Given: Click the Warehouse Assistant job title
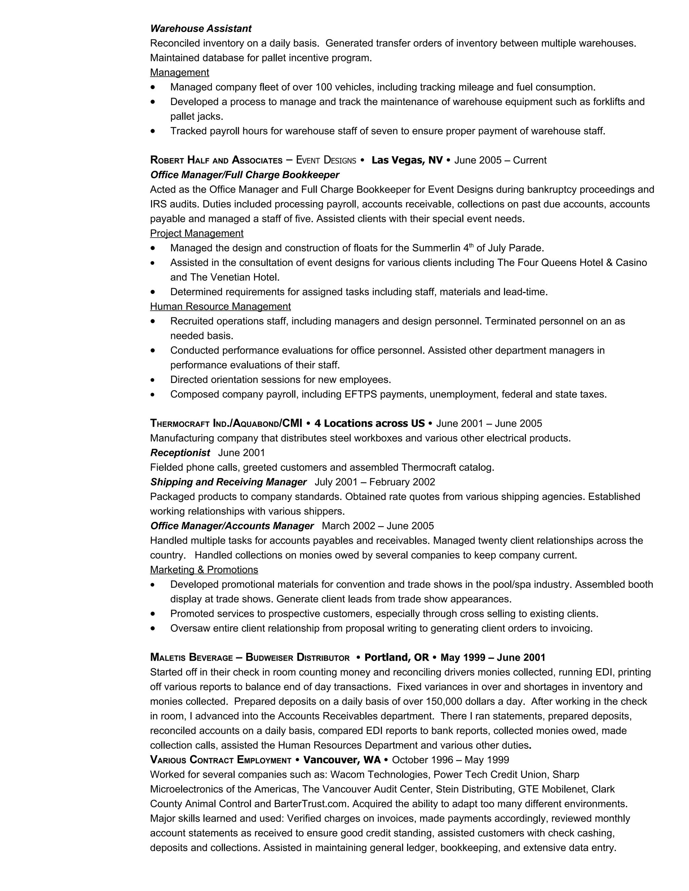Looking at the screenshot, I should coord(201,29).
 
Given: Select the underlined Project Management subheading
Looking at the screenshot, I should coord(196,233).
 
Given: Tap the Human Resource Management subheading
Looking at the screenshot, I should coord(220,306).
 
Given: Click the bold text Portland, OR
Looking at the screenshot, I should coord(396,657).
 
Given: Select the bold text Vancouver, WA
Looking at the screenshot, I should coord(342,760).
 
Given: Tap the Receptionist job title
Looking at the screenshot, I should coord(180,453).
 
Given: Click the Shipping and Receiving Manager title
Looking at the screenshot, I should coord(228,482).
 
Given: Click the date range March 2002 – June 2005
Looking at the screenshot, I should coord(377,526).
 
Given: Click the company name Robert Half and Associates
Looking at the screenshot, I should coord(216,160).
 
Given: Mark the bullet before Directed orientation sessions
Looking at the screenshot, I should coord(153,380).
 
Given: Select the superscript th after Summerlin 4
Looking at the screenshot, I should coord(471,245).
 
